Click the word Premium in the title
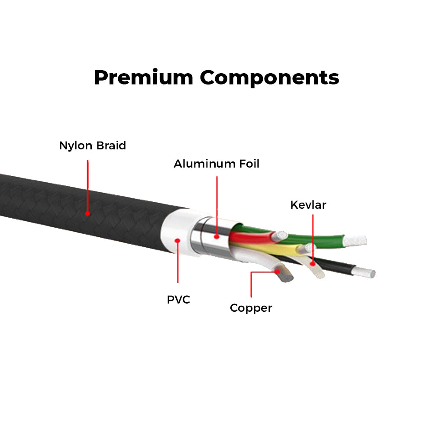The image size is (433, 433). [x=143, y=78]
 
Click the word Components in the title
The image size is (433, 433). [x=269, y=78]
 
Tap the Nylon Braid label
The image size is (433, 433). [x=92, y=145]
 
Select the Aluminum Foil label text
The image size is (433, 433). [x=216, y=164]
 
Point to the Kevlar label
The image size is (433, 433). [x=308, y=205]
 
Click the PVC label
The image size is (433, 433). [x=178, y=299]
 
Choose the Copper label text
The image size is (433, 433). [x=251, y=308]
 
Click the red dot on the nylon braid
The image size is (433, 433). [x=87, y=213]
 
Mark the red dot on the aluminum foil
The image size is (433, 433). [x=216, y=236]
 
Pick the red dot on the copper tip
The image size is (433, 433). [x=278, y=272]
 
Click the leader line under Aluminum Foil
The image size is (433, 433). [x=216, y=204]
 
